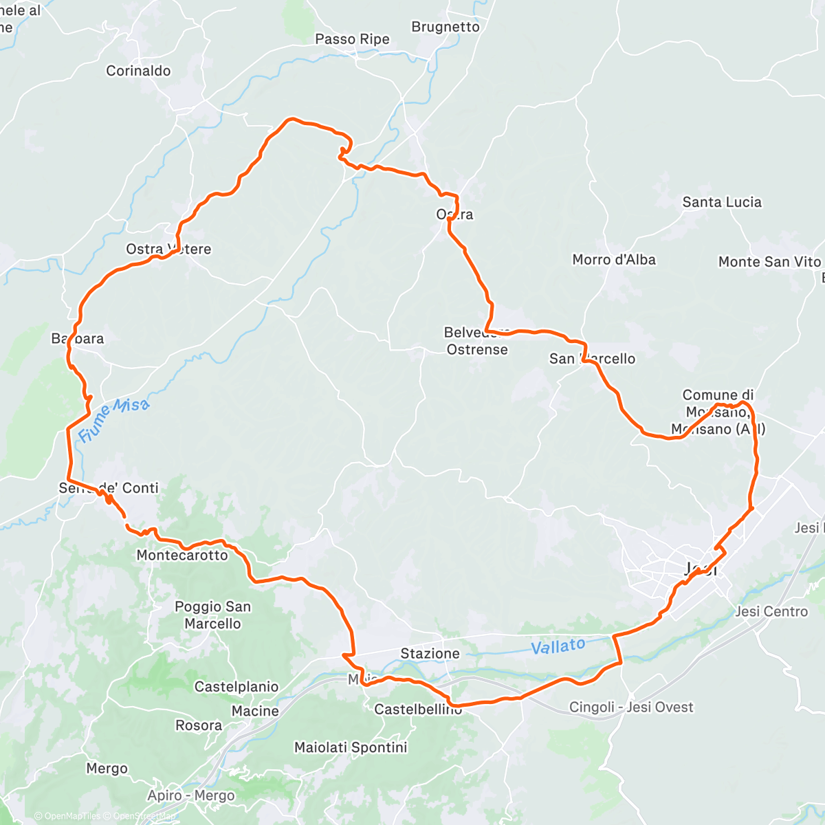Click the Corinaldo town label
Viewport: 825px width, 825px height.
click(138, 71)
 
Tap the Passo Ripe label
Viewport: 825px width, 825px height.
click(352, 39)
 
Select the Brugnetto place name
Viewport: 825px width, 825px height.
click(445, 27)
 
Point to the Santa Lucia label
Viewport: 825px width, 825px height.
click(722, 202)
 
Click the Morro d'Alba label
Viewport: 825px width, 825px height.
click(614, 260)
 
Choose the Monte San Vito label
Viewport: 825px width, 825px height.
click(769, 262)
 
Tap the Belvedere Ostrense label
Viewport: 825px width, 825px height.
click(476, 341)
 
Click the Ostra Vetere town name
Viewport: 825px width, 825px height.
click(168, 249)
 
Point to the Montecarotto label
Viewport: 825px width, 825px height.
click(182, 555)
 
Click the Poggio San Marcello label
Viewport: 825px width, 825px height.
click(212, 615)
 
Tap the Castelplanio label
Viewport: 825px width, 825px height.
click(236, 687)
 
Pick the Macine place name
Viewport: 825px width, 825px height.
click(255, 711)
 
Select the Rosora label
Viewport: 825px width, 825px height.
click(199, 725)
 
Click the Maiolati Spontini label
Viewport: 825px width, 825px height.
click(351, 747)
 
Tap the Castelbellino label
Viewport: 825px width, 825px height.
click(418, 709)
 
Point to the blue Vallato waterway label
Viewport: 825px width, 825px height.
click(558, 646)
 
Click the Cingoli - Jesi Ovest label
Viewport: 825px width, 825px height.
click(631, 707)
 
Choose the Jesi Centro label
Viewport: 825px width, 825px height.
click(771, 611)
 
